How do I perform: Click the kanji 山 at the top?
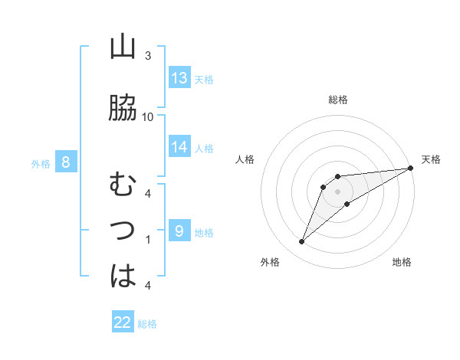click(x=123, y=47)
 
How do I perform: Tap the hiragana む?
click(x=123, y=185)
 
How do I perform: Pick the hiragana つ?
click(x=123, y=230)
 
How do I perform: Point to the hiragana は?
click(x=123, y=275)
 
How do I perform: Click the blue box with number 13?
click(x=179, y=78)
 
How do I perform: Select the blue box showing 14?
click(x=179, y=147)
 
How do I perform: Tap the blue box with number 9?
click(x=179, y=231)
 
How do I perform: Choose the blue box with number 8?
click(x=66, y=162)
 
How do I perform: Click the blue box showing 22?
click(x=123, y=322)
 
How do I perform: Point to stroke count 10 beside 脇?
click(x=148, y=116)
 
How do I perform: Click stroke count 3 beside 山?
click(x=148, y=56)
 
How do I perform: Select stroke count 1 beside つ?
click(x=148, y=240)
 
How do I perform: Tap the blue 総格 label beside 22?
click(x=147, y=324)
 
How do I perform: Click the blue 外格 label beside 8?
click(x=41, y=163)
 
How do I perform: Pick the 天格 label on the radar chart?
click(x=432, y=159)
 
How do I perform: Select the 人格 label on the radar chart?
click(x=245, y=159)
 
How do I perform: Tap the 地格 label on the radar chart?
click(x=402, y=263)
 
